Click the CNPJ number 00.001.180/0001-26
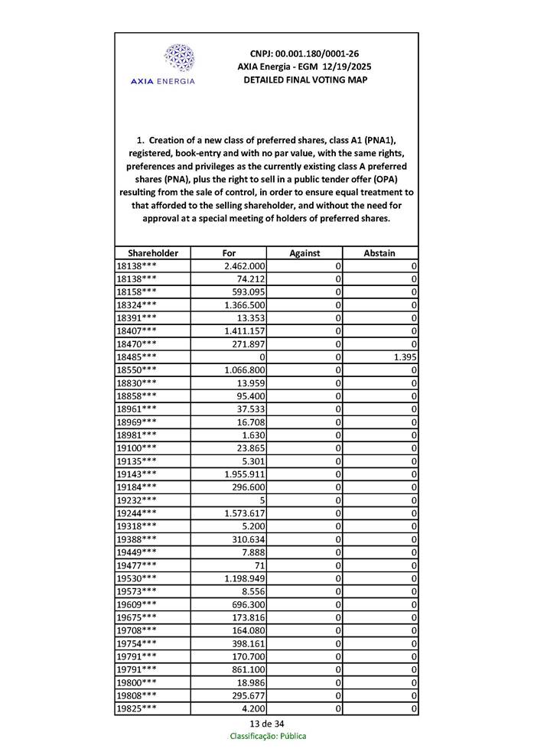click(x=304, y=54)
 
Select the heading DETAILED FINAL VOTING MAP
click(x=304, y=80)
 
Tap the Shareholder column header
click(x=153, y=252)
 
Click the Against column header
click(x=304, y=252)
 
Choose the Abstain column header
click(x=379, y=252)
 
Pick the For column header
click(x=229, y=252)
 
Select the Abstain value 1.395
click(x=404, y=356)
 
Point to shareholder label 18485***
click(x=136, y=356)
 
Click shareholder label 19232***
click(x=136, y=500)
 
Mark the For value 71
click(x=257, y=565)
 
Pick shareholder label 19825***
click(x=136, y=708)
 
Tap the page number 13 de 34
click(x=266, y=724)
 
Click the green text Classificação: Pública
click(x=268, y=736)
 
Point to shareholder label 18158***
click(x=136, y=291)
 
